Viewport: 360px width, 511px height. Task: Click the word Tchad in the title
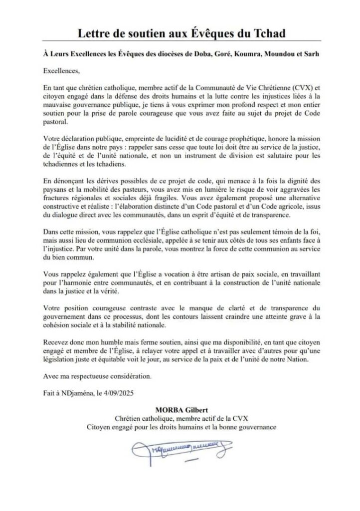point(264,33)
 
